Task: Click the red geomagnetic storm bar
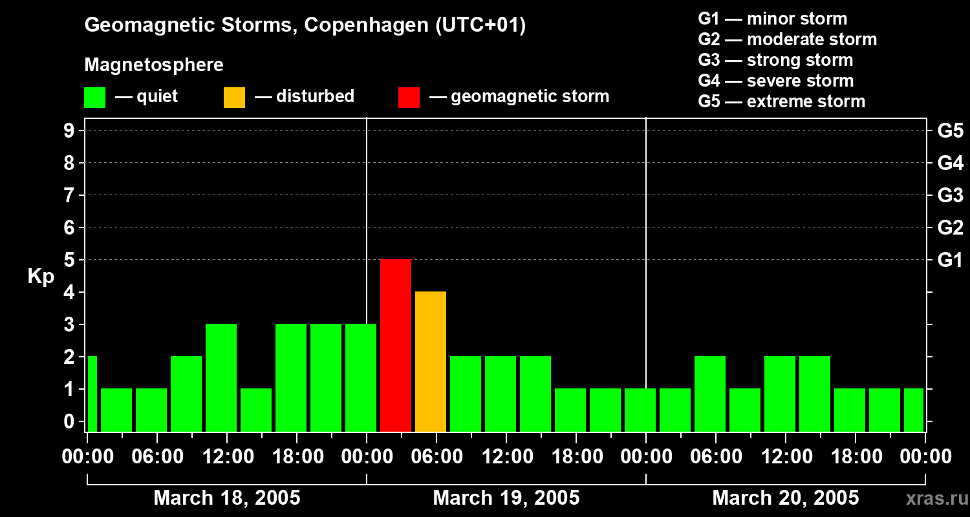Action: pyautogui.click(x=396, y=345)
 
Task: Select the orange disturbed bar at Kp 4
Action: pyautogui.click(x=431, y=361)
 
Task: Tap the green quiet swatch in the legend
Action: pyautogui.click(x=94, y=97)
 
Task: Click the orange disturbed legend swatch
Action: pyautogui.click(x=234, y=97)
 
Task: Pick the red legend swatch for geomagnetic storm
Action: pyautogui.click(x=409, y=97)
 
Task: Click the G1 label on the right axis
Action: pyautogui.click(x=950, y=260)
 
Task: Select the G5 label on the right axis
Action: pyautogui.click(x=950, y=131)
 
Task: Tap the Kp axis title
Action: pyautogui.click(x=41, y=277)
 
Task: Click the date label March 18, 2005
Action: pyautogui.click(x=226, y=498)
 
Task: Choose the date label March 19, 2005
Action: pyautogui.click(x=506, y=498)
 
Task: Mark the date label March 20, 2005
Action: pyautogui.click(x=785, y=498)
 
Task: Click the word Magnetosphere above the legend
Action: pyautogui.click(x=154, y=65)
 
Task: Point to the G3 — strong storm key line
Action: pyautogui.click(x=775, y=60)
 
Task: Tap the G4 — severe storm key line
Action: pyautogui.click(x=775, y=81)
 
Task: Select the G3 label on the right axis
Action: pyautogui.click(x=950, y=196)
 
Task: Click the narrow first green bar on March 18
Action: pyautogui.click(x=92, y=394)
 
